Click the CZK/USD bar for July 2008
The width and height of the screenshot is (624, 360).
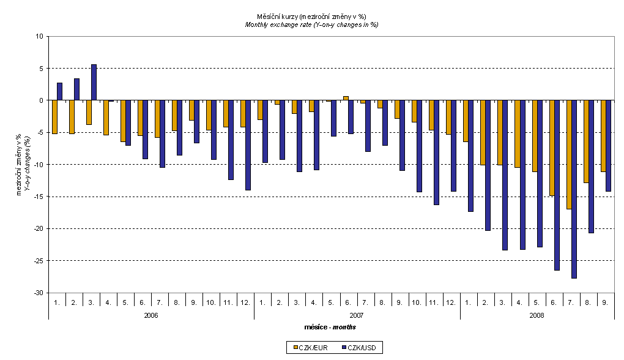(x=574, y=189)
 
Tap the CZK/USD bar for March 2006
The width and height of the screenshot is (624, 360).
(x=94, y=83)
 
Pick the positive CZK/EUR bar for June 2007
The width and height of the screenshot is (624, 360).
(x=346, y=98)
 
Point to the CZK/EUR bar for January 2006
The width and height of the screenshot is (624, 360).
(x=54, y=117)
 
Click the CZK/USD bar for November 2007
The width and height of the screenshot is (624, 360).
(x=437, y=152)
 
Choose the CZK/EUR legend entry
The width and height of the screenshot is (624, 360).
(x=310, y=348)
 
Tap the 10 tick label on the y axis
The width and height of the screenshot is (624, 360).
(x=40, y=36)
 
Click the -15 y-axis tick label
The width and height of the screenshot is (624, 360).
(x=38, y=197)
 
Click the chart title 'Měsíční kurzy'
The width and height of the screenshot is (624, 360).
(x=312, y=16)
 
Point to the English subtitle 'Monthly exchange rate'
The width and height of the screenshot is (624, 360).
(x=312, y=24)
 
